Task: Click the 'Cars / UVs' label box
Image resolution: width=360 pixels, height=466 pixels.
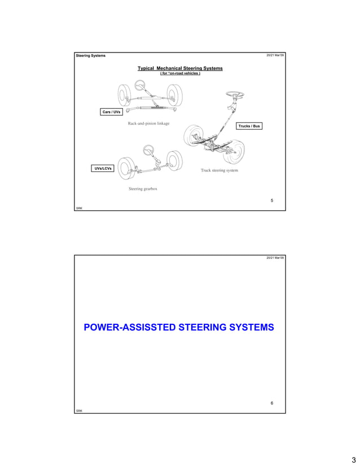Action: click(x=111, y=112)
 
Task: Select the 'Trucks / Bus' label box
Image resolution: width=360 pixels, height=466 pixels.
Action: click(x=248, y=126)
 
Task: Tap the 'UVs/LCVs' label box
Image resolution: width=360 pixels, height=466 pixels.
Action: click(x=102, y=168)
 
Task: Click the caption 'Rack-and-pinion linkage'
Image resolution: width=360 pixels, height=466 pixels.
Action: click(x=148, y=123)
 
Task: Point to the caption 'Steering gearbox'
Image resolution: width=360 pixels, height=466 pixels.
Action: click(x=143, y=188)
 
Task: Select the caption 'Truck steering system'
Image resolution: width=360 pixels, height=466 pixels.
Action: click(x=219, y=170)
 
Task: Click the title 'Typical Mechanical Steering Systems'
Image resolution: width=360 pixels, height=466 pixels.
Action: click(x=180, y=68)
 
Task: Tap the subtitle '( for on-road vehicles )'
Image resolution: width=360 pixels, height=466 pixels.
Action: click(x=180, y=74)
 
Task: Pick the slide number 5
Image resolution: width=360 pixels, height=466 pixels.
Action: click(x=271, y=200)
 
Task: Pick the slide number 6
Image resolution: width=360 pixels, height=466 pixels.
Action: click(x=271, y=403)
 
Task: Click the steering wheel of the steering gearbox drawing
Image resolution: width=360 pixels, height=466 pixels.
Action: click(x=150, y=150)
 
